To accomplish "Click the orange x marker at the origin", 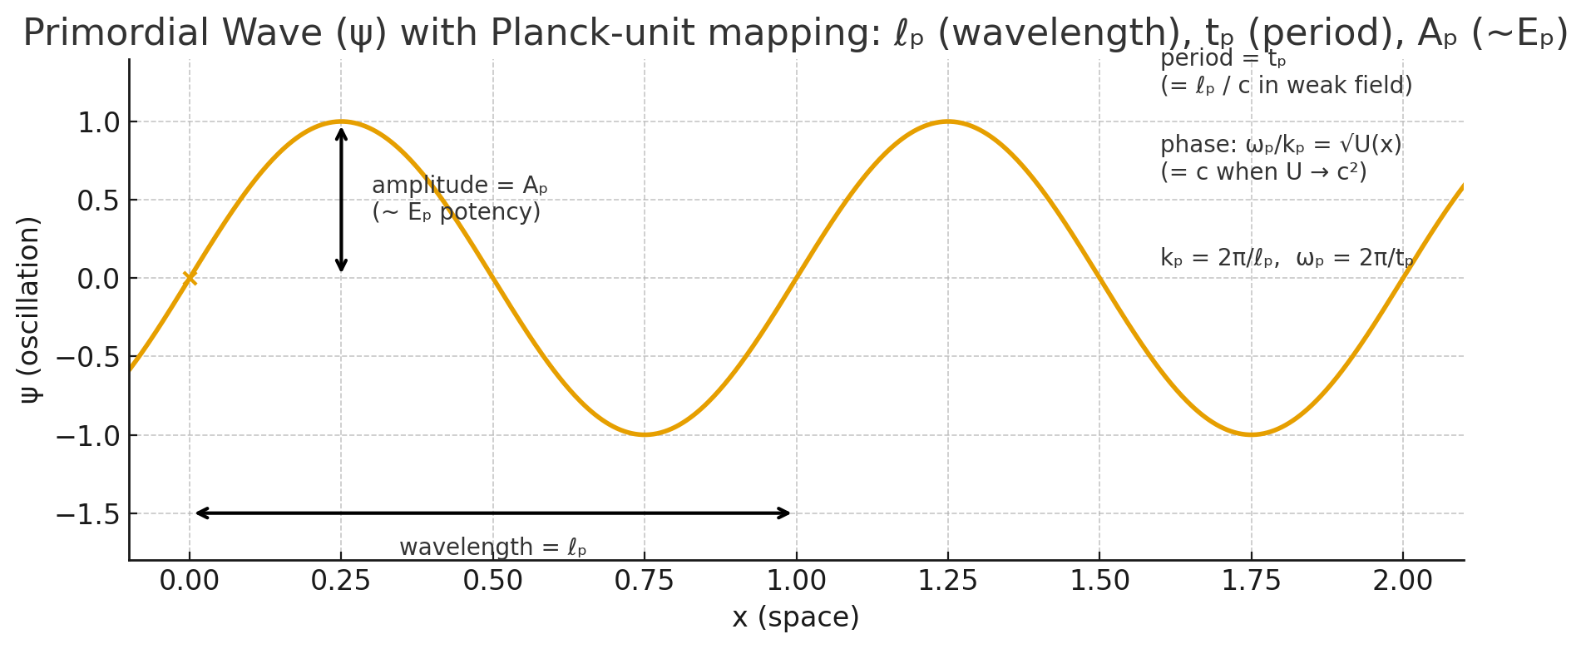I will (190, 278).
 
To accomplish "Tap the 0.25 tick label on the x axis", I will (341, 581).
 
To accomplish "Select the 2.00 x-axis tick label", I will (1403, 581).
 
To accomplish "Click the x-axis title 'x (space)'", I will (795, 617).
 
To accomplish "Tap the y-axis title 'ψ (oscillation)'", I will (29, 310).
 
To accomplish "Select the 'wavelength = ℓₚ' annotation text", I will (492, 547).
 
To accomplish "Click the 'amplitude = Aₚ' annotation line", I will (459, 185).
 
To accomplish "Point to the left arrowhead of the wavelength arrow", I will (200, 513).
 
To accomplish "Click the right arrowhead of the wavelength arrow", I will (786, 513).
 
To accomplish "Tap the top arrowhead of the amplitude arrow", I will (341, 131).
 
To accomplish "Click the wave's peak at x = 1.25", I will (948, 121).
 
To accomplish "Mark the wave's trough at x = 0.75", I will (645, 434).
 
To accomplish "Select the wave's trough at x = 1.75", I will (1251, 434).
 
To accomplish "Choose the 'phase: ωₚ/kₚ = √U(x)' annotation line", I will (1281, 145).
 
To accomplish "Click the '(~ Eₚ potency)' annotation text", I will (456, 212).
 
